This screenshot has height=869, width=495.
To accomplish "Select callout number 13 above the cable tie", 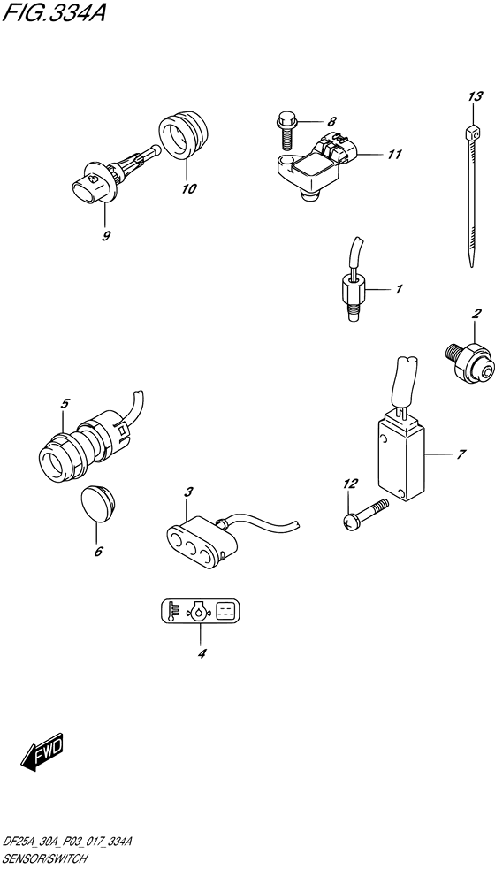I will point(476,96).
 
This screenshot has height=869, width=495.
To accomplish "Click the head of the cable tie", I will point(469,133).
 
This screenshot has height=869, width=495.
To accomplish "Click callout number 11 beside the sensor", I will point(393,155).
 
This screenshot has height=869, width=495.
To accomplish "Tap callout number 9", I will point(106,236).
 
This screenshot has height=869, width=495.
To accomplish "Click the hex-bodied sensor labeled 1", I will point(353,291).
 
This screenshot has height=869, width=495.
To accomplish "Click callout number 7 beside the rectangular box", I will point(461,456).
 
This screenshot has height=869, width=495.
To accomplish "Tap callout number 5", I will point(65,405).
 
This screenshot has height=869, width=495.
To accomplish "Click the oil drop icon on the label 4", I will point(202,611).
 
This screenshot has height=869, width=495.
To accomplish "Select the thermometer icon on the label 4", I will point(174,611).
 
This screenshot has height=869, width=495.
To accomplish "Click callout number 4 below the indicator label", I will point(202,654).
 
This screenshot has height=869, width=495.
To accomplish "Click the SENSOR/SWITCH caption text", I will point(44,858).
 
